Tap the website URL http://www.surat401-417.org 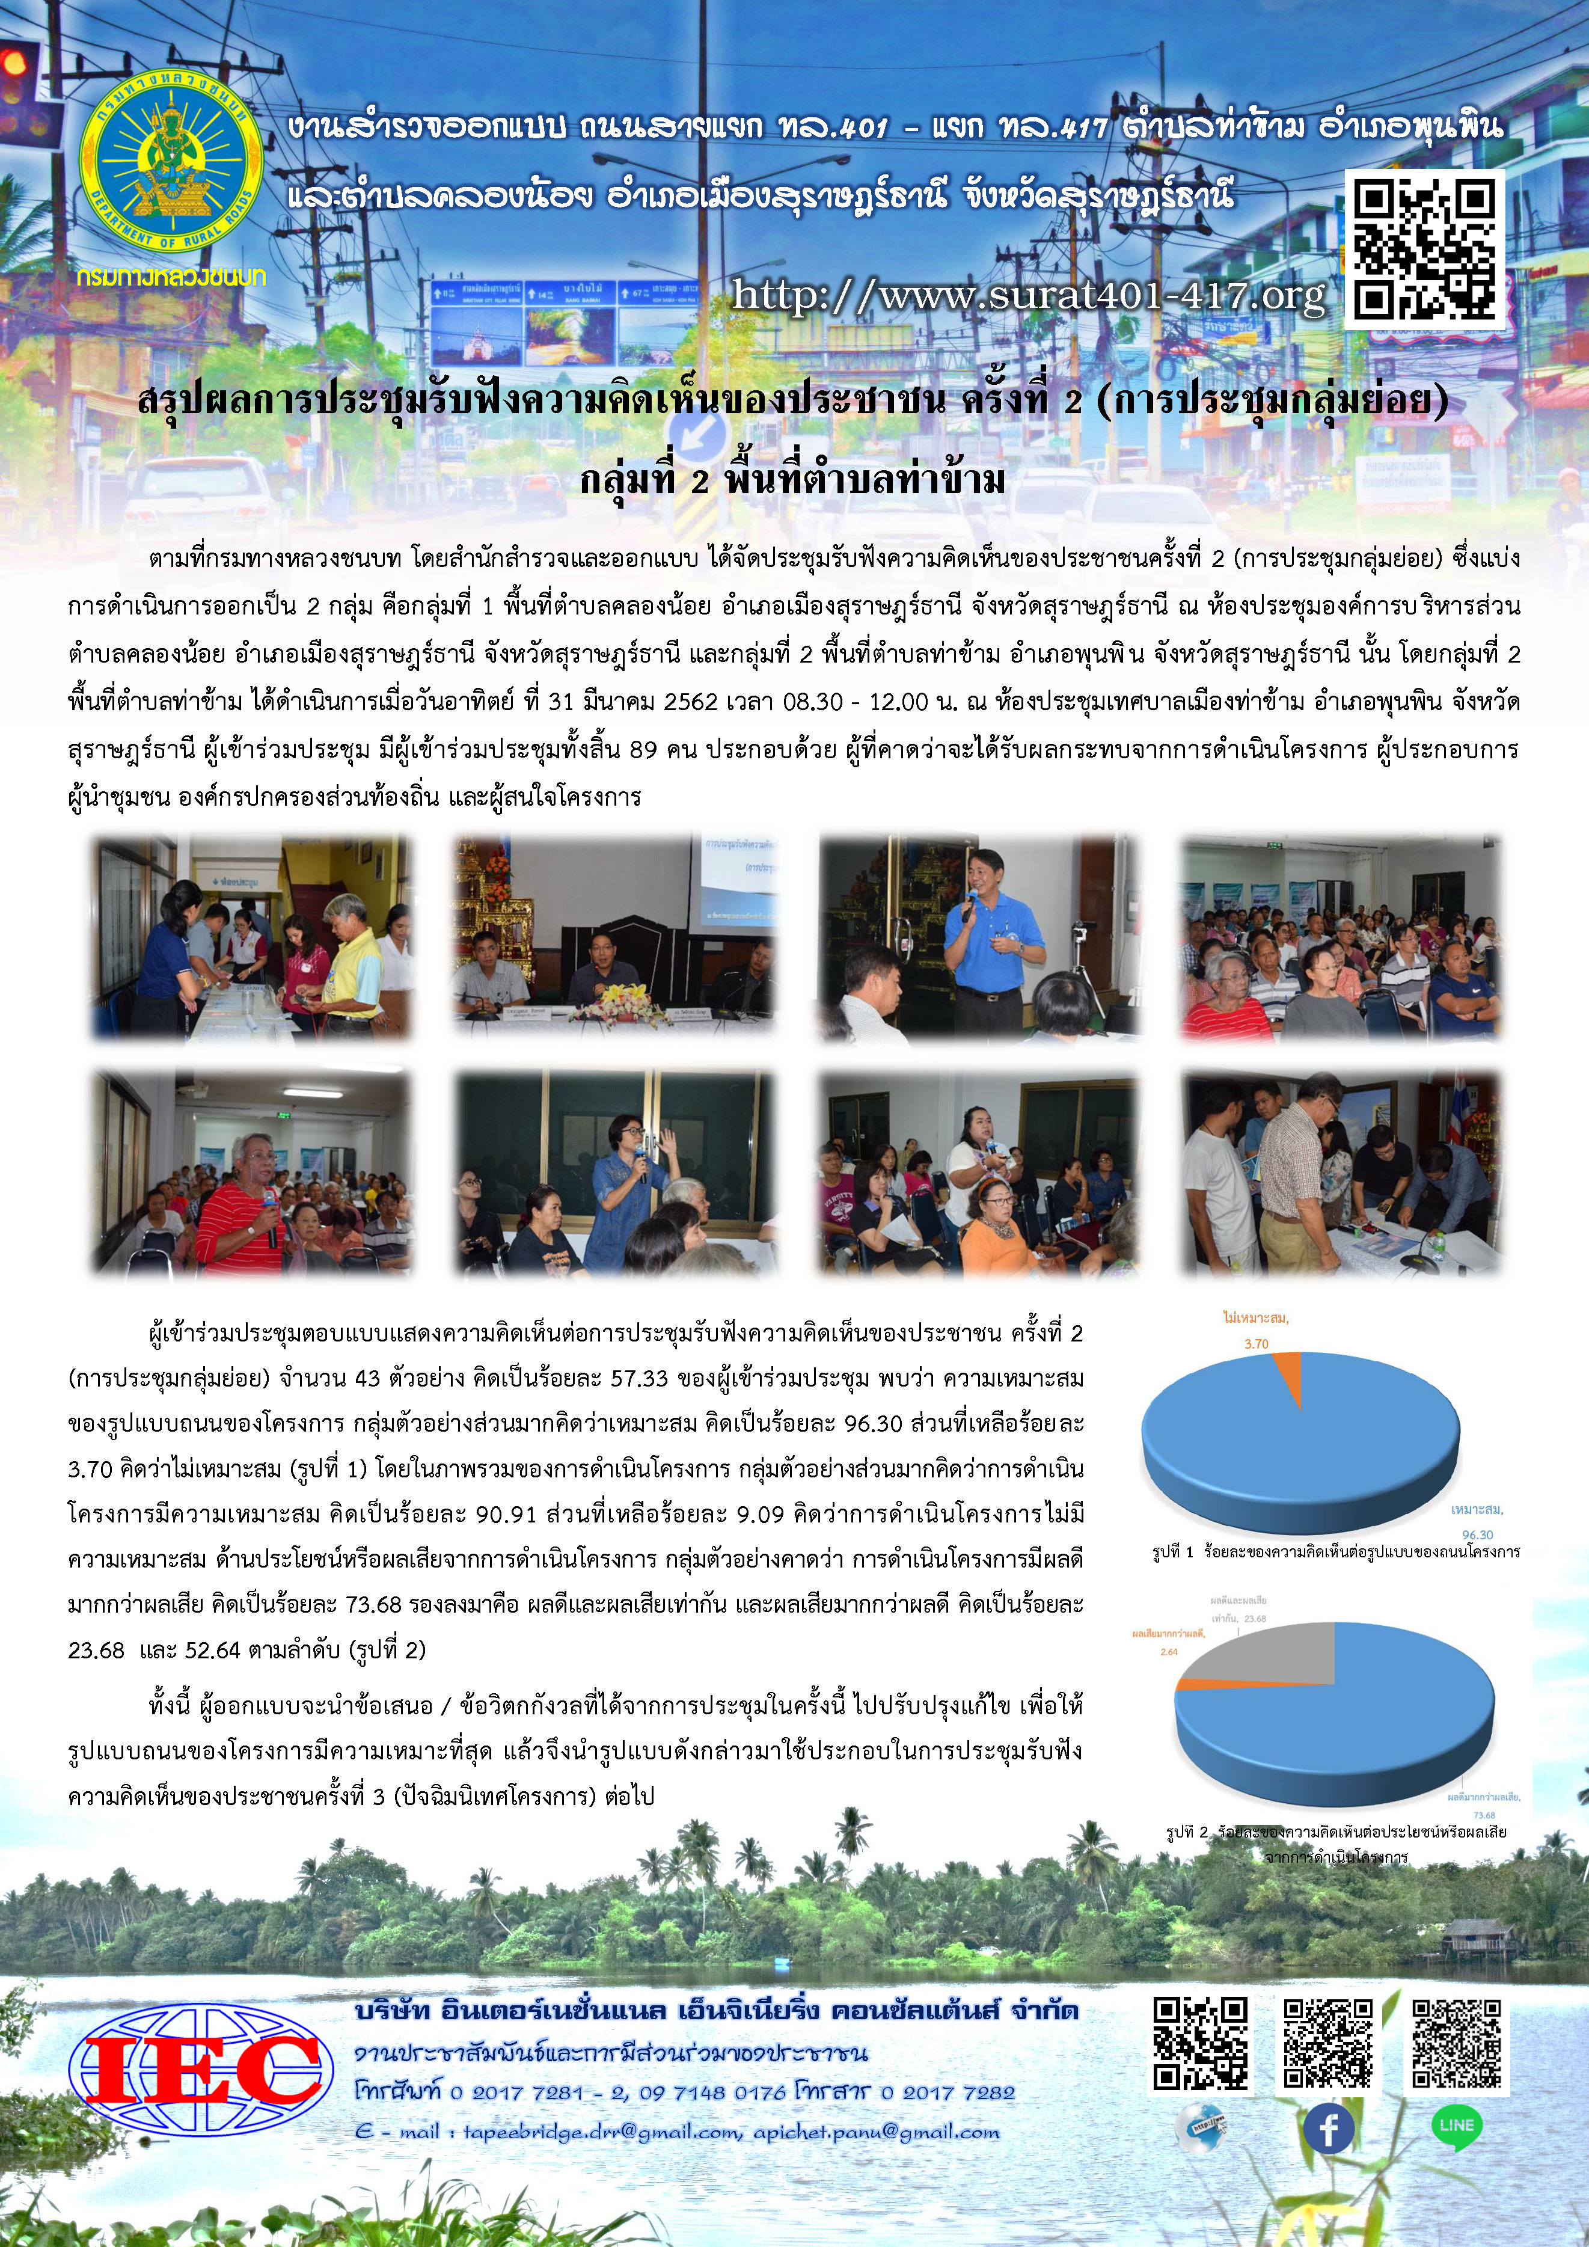(x=1029, y=295)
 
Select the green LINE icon (x=1456, y=2126)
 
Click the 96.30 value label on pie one (x=1477, y=1534)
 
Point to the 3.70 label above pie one (x=1257, y=1344)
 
